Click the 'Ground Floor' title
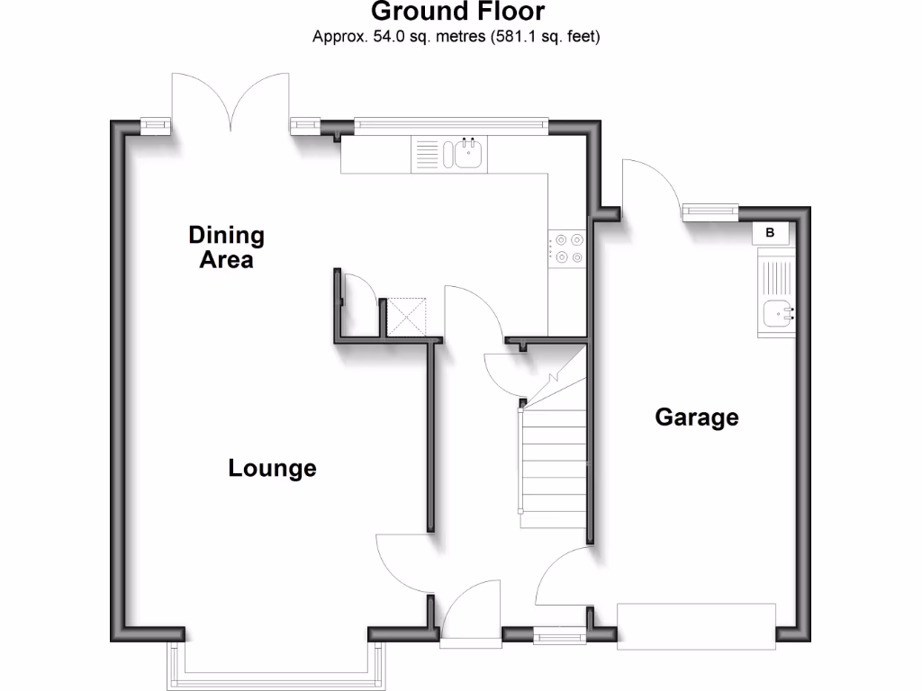[456, 12]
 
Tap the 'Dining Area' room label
[226, 247]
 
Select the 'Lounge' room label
[272, 469]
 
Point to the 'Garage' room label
[697, 417]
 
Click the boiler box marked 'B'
[770, 233]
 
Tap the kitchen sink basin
[469, 154]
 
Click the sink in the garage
[776, 313]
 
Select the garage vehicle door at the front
[696, 626]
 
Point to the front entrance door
[470, 612]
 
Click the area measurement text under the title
[456, 37]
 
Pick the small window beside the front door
[558, 637]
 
